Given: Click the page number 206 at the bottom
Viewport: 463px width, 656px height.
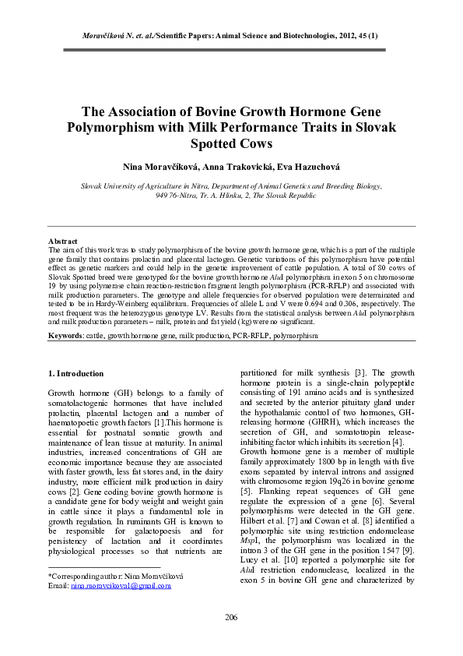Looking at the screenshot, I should tap(231, 617).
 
